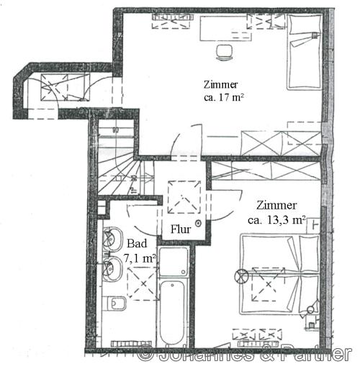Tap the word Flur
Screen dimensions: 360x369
click(181, 229)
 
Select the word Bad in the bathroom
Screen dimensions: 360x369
click(137, 244)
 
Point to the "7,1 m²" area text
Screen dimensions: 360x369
click(140, 258)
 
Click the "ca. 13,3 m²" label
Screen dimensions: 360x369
click(276, 220)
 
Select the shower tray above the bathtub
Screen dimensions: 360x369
click(174, 262)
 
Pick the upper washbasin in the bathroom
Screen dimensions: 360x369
click(112, 239)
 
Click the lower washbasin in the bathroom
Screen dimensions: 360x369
click(112, 269)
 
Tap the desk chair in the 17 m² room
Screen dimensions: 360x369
click(224, 53)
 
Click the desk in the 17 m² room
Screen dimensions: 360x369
click(225, 28)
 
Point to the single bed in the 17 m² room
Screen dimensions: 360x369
click(305, 52)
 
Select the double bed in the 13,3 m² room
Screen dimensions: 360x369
click(280, 274)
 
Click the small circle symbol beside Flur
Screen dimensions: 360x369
click(198, 224)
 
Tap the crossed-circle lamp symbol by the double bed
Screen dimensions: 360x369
click(240, 276)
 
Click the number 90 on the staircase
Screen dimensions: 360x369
click(115, 130)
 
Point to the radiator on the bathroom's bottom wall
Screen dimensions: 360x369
click(131, 344)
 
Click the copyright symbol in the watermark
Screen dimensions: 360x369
click(146, 353)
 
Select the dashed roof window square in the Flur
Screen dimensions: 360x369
click(184, 197)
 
